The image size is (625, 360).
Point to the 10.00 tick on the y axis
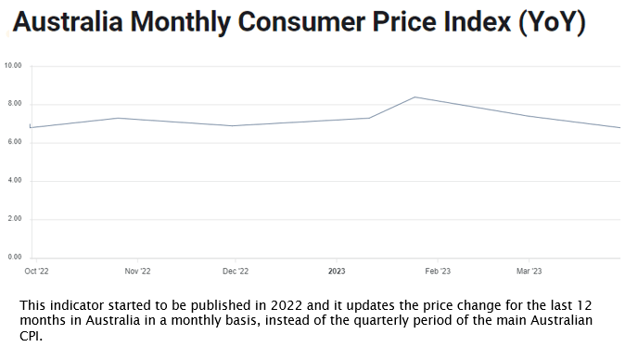pyautogui.click(x=13, y=66)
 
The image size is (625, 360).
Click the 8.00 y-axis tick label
pyautogui.click(x=14, y=104)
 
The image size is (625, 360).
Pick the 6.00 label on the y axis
pyautogui.click(x=14, y=142)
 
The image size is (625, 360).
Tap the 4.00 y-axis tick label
pyautogui.click(x=14, y=180)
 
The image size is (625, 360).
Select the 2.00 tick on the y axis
pyautogui.click(x=14, y=219)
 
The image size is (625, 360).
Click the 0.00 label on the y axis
pyautogui.click(x=14, y=257)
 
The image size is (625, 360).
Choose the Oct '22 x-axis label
pyautogui.click(x=37, y=272)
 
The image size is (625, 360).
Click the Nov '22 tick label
pyautogui.click(x=137, y=272)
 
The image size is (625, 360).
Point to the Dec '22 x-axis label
pyautogui.click(x=236, y=272)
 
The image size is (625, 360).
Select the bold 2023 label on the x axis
pyautogui.click(x=337, y=272)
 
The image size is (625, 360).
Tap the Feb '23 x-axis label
pyautogui.click(x=438, y=272)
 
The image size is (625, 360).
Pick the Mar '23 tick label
pyautogui.click(x=529, y=272)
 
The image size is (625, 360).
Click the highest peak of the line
pyautogui.click(x=415, y=97)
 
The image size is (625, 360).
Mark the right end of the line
pyautogui.click(x=619, y=127)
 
